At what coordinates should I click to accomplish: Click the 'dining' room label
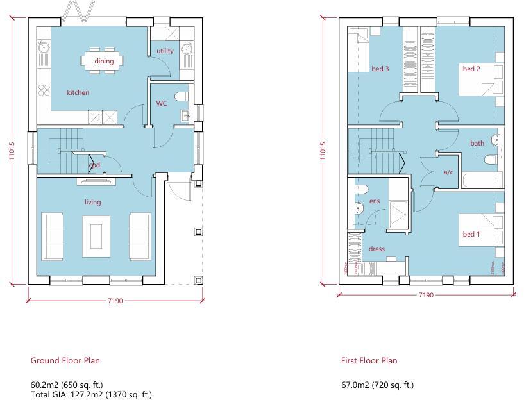pos(104,62)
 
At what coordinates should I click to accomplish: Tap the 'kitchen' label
pos(78,93)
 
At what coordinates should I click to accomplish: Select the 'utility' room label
pos(165,51)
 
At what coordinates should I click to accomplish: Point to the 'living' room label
pos(93,203)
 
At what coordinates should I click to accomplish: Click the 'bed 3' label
pos(380,69)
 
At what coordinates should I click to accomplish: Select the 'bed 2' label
pos(471,69)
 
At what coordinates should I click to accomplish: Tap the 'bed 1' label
pos(471,235)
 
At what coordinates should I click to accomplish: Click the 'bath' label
pos(477,144)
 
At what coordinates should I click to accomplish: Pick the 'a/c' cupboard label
pos(448,172)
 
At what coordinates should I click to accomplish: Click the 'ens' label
pos(375,201)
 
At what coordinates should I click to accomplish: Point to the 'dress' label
pos(376,249)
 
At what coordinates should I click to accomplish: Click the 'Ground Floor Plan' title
pos(65,361)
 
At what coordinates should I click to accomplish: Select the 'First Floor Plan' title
pos(369,361)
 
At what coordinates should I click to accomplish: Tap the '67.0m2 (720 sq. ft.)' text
pos(377,385)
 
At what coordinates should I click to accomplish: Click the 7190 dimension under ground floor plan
pos(115,301)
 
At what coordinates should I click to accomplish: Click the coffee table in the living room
pos(96,232)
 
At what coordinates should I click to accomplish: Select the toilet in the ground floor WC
pos(181,97)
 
